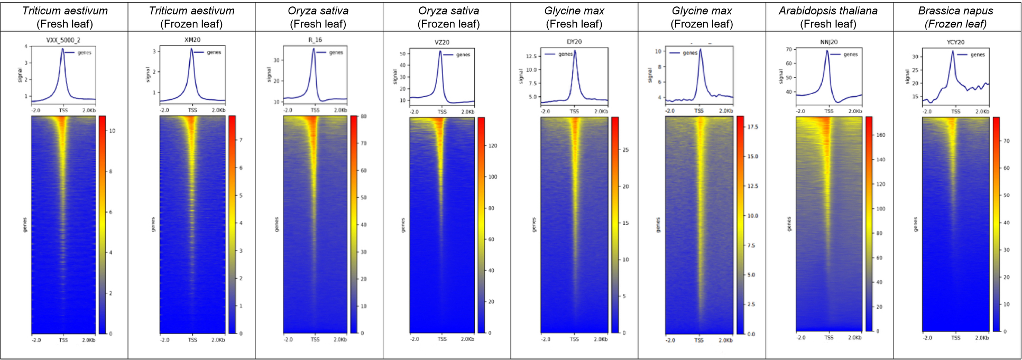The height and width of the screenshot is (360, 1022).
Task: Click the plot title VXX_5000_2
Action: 63,40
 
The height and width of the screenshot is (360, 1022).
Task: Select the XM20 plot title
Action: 192,40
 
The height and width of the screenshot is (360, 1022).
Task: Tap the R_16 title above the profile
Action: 315,40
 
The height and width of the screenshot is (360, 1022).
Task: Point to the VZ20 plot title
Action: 441,42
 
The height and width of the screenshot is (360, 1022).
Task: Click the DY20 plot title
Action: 574,42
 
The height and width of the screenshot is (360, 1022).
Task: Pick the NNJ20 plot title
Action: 828,42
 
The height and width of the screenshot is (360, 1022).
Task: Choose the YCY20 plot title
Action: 955,42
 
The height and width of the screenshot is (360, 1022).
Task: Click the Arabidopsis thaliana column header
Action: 828,11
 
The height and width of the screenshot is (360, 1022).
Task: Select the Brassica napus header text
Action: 955,11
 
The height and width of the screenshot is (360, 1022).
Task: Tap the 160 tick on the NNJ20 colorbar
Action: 881,135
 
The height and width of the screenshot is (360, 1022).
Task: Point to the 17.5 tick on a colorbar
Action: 752,127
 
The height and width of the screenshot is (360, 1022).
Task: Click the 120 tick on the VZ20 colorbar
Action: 493,146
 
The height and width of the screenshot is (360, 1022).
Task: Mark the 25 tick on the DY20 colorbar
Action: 625,150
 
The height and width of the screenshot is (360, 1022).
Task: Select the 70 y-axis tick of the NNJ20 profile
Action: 789,50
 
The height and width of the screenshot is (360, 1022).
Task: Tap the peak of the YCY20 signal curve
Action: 953,51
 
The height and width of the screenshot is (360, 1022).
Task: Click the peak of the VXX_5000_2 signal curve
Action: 62,49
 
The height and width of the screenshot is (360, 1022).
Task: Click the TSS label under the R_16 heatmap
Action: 315,339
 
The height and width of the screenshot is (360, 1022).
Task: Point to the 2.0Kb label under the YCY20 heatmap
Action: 982,337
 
